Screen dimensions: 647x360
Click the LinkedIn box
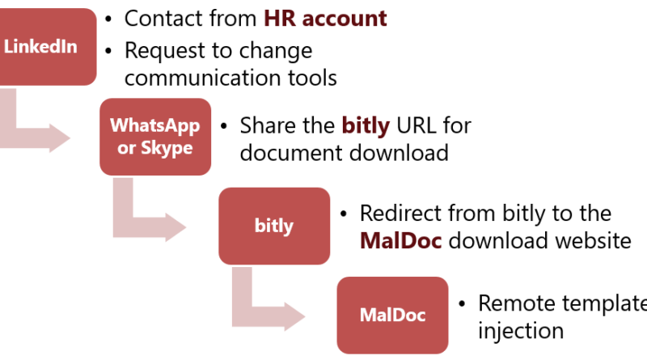[48, 47]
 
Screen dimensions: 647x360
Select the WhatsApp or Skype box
[155, 137]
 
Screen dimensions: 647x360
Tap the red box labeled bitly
[274, 226]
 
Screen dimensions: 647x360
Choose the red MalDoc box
[392, 315]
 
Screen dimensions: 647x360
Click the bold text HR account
[325, 19]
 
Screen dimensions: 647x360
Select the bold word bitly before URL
[366, 126]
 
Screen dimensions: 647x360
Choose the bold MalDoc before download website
[400, 241]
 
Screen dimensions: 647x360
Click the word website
[593, 241]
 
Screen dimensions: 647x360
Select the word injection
[521, 331]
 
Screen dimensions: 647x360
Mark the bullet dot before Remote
[462, 304]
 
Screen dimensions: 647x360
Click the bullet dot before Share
[224, 126]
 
